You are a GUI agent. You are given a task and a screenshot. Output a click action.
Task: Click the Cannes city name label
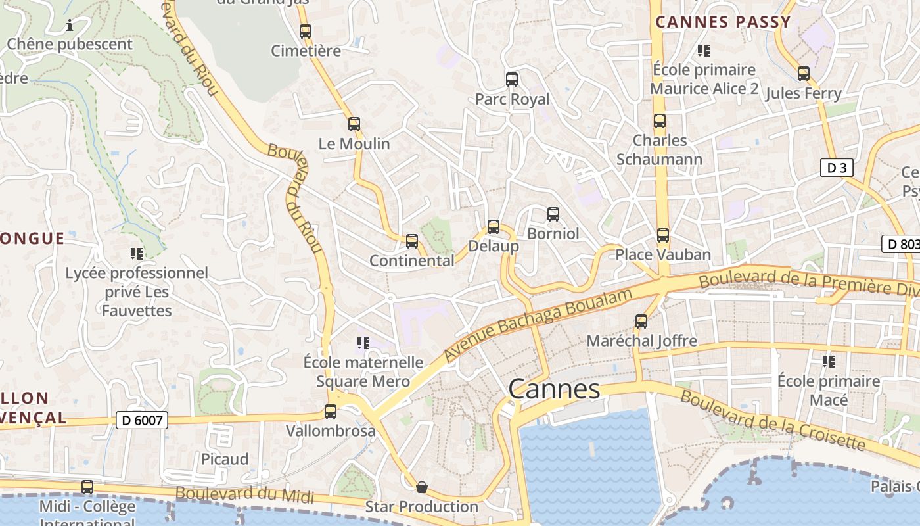tap(554, 389)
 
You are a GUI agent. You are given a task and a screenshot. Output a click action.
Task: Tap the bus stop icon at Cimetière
tap(305, 31)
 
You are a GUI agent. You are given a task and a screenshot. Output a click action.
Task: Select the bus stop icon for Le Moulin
tap(354, 124)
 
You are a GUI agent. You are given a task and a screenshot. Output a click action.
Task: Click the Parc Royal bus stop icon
tap(512, 80)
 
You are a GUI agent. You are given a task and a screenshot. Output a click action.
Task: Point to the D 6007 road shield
tap(142, 420)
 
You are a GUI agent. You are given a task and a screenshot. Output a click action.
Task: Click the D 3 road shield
tap(837, 168)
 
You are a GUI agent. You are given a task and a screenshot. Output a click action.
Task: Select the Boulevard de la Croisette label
tap(772, 419)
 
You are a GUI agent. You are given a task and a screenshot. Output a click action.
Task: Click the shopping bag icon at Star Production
tap(422, 487)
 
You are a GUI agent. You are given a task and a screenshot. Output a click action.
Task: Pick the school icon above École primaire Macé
tap(829, 361)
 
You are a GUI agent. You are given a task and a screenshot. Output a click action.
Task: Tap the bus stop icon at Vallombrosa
tap(331, 412)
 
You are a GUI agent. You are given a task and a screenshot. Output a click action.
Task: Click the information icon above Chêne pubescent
tap(70, 26)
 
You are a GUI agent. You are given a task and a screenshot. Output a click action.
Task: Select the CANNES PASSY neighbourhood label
tap(723, 22)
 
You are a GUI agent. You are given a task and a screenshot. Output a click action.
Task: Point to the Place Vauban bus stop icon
tap(662, 235)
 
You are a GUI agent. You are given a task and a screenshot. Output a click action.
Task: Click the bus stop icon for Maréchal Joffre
tap(641, 322)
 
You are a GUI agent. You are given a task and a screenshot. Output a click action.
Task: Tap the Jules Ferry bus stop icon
tap(803, 74)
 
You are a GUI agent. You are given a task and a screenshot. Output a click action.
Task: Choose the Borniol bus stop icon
tap(553, 214)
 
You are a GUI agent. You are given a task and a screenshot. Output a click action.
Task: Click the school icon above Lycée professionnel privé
tap(137, 253)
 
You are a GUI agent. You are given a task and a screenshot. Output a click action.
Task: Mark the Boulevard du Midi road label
tap(244, 494)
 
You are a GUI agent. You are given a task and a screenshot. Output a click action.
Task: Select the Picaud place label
tap(225, 459)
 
